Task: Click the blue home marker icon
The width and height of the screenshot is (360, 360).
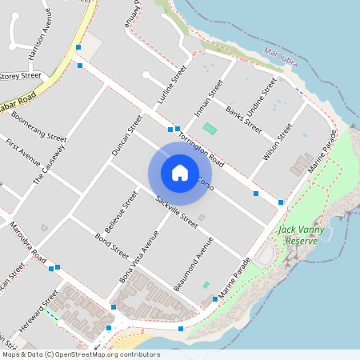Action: (x=180, y=172)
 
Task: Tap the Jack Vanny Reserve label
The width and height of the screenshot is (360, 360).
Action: (x=298, y=234)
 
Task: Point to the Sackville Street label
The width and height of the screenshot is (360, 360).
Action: (x=177, y=211)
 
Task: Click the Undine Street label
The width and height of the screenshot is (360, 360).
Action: (x=264, y=97)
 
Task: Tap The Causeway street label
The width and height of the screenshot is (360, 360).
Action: (x=50, y=166)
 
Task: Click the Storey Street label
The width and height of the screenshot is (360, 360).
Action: (x=20, y=76)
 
